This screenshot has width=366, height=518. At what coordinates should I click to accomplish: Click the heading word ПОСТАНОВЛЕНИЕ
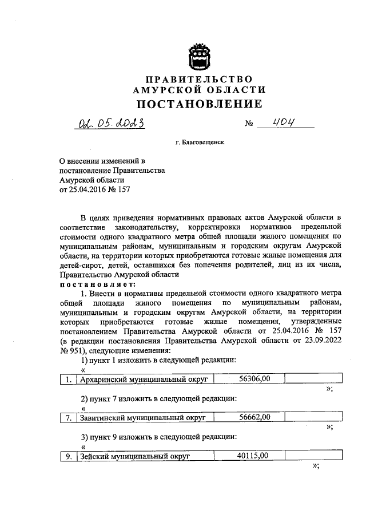click(198, 104)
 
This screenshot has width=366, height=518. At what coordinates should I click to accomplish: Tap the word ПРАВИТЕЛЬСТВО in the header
click(198, 78)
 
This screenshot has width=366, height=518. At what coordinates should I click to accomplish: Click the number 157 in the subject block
click(124, 191)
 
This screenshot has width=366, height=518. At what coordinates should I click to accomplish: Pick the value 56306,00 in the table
click(253, 378)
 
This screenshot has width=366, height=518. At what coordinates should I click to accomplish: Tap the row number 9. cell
click(68, 456)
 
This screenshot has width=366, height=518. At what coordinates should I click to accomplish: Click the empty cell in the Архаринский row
click(313, 378)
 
